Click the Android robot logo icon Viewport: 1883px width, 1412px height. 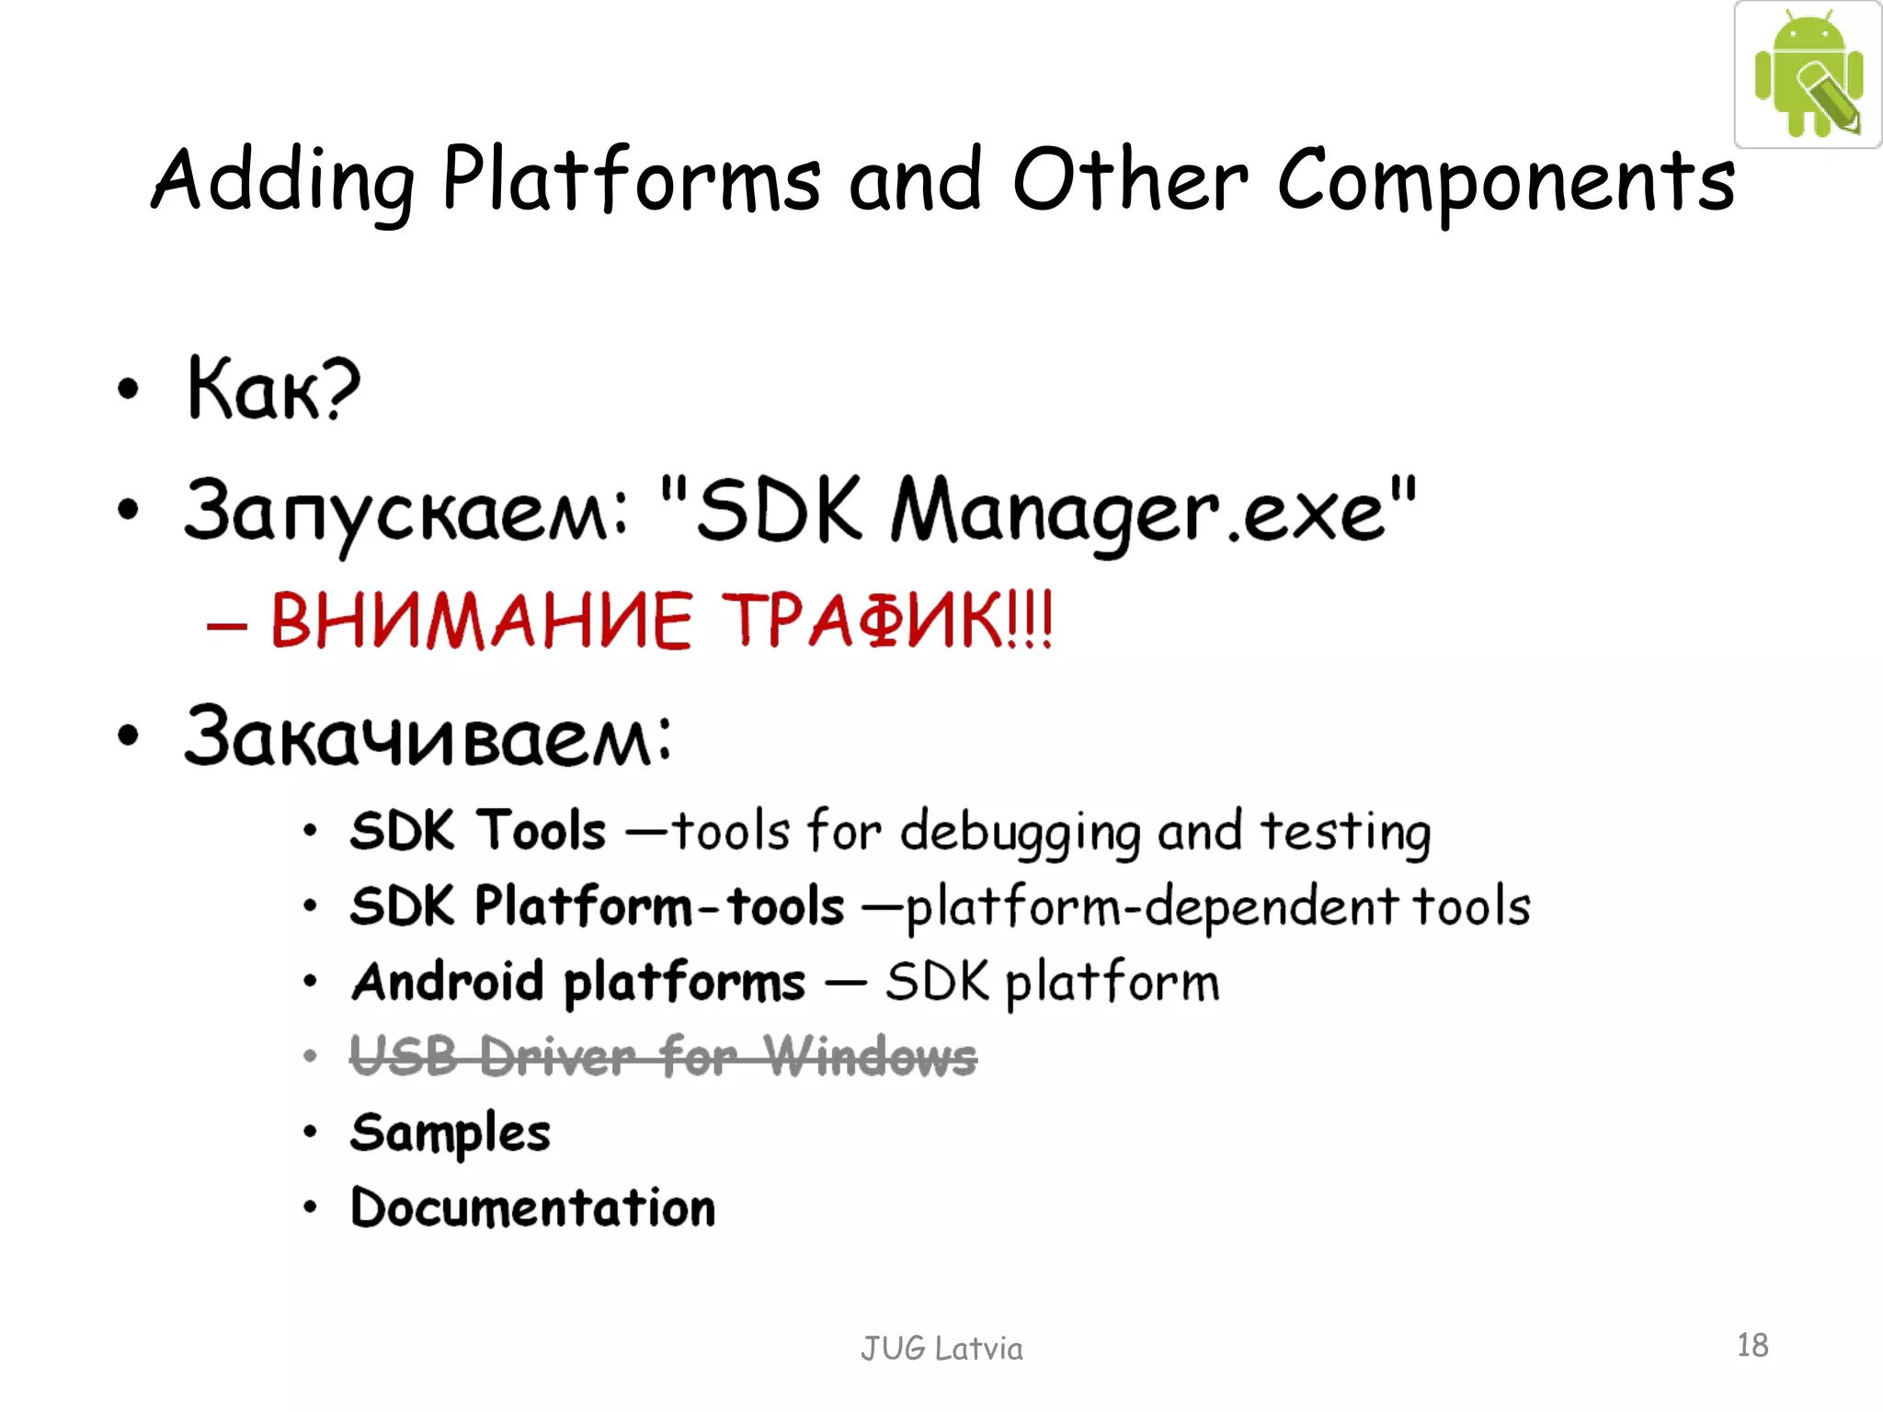point(1808,74)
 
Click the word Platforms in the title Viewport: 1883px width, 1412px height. point(631,180)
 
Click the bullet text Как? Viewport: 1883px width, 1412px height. point(273,390)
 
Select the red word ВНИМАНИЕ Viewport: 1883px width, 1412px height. point(481,621)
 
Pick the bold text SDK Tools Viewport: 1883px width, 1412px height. point(478,831)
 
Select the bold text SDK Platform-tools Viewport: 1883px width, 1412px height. point(597,906)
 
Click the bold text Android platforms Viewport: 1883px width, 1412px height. point(578,982)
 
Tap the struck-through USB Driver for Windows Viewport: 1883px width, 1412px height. point(663,1057)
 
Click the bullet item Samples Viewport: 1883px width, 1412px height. point(450,1133)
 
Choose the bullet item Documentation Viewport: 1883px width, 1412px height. point(532,1208)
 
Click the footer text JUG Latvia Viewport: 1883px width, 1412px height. point(941,1349)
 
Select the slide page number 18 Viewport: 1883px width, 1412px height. point(1752,1346)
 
